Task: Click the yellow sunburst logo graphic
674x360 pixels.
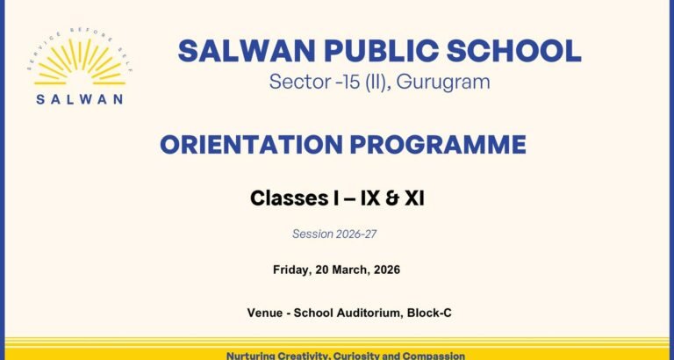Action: (x=80, y=61)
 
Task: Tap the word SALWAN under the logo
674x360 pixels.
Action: (x=80, y=99)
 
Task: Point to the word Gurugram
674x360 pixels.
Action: (x=443, y=82)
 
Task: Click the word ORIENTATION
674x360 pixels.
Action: (x=252, y=145)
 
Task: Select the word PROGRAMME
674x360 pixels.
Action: (x=438, y=145)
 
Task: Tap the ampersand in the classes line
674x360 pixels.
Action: (x=391, y=198)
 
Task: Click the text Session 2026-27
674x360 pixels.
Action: (x=334, y=234)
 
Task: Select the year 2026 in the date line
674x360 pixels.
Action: (x=387, y=270)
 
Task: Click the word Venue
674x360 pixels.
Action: (x=264, y=313)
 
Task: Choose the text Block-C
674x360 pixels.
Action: (x=429, y=313)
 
